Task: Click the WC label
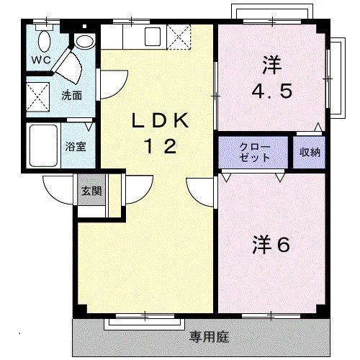[41, 60]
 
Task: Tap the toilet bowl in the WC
[44, 41]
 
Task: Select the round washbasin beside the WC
[84, 42]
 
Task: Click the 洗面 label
[71, 96]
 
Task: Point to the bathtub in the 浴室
[43, 145]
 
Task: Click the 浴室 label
[76, 146]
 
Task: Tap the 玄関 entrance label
[91, 191]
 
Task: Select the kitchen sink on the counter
[153, 37]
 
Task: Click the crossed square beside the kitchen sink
[179, 37]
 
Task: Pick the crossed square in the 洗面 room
[37, 97]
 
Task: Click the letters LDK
[160, 120]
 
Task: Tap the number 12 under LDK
[161, 146]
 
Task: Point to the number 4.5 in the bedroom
[272, 91]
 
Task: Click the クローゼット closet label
[254, 152]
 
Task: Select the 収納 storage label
[310, 152]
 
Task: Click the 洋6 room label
[271, 245]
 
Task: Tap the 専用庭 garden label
[210, 337]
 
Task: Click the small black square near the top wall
[84, 26]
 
